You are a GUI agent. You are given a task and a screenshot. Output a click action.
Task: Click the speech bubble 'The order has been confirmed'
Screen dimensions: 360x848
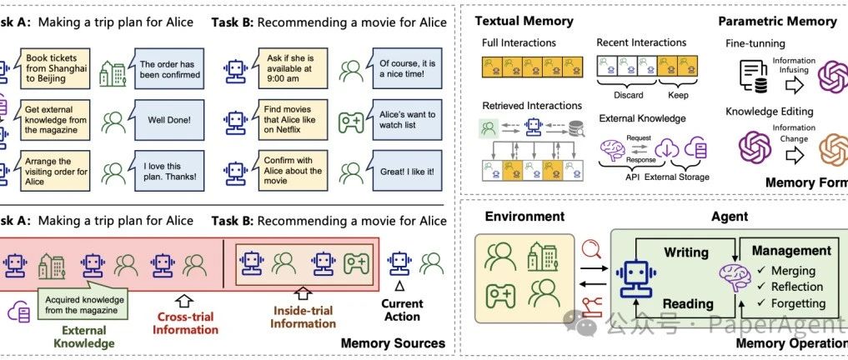[x=168, y=68]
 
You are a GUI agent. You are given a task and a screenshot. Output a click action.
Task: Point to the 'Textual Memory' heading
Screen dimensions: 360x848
[x=524, y=20]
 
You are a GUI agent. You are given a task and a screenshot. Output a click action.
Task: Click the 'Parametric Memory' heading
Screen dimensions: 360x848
[x=776, y=21]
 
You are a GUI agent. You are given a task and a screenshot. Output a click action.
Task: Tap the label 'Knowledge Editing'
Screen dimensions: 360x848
[x=770, y=112]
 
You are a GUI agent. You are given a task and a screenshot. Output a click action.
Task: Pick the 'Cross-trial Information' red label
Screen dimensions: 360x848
[x=185, y=322]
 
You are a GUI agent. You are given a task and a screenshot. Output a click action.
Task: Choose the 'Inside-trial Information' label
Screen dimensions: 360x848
[x=303, y=317]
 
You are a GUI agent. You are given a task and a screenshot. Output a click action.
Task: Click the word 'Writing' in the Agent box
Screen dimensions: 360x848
[x=685, y=252]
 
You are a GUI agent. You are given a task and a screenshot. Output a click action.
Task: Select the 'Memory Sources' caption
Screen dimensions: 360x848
[x=393, y=342]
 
